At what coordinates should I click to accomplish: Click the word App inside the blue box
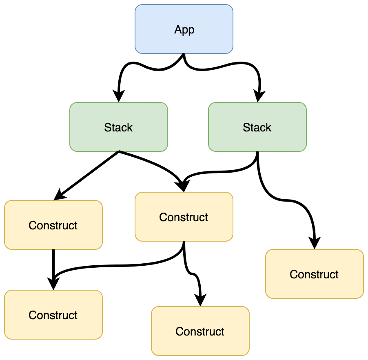(184, 30)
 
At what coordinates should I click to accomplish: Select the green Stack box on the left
(119, 127)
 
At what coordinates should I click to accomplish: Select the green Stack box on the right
(257, 127)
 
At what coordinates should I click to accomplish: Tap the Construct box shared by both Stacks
(184, 217)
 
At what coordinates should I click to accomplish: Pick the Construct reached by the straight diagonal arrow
(53, 225)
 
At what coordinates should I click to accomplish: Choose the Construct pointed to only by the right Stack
(314, 274)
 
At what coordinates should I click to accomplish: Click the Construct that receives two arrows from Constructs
(53, 315)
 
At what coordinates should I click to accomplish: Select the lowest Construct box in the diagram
(200, 331)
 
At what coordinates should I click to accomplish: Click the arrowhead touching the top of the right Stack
(257, 96)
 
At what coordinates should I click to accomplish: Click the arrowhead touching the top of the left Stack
(119, 96)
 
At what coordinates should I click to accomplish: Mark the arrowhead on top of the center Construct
(183, 186)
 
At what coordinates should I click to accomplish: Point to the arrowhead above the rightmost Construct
(315, 243)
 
